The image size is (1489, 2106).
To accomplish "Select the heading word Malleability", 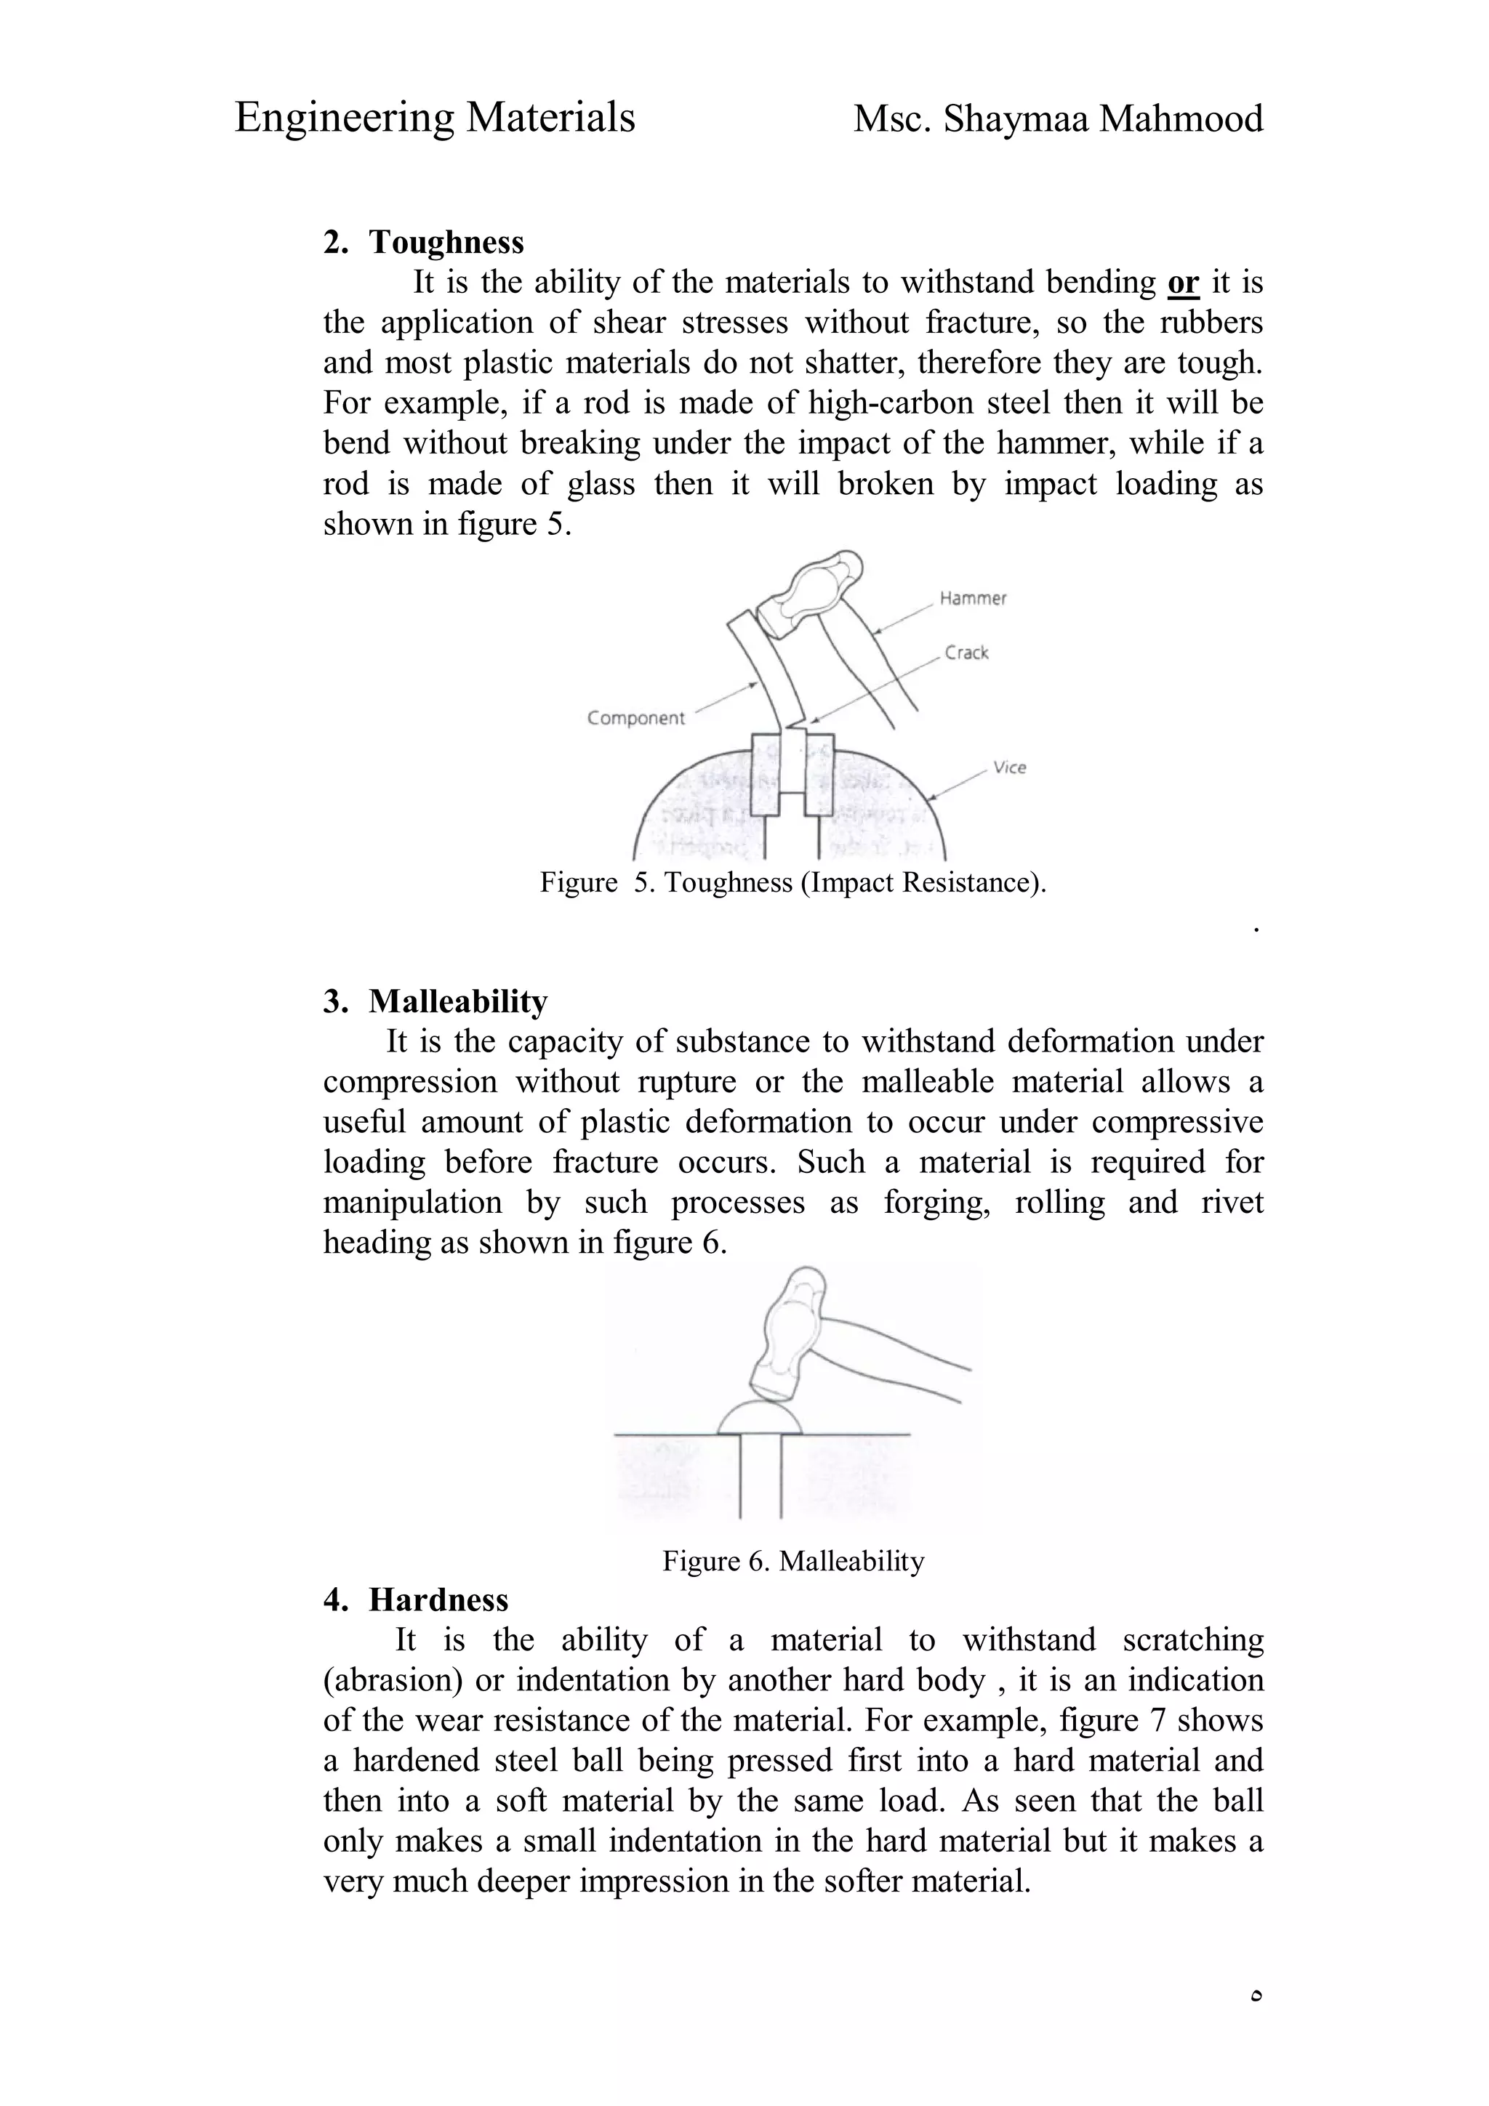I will click(458, 1001).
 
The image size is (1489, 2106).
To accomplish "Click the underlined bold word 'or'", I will click(1183, 283).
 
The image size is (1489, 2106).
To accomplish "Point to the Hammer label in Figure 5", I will click(973, 598).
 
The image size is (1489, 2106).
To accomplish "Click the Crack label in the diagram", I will click(966, 653).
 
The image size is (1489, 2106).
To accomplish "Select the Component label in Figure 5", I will click(635, 718).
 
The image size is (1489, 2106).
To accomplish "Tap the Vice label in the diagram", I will click(1009, 767).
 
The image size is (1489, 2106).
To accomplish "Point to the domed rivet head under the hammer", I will click(759, 1418).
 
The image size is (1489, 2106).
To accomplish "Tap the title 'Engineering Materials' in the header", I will click(435, 118).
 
